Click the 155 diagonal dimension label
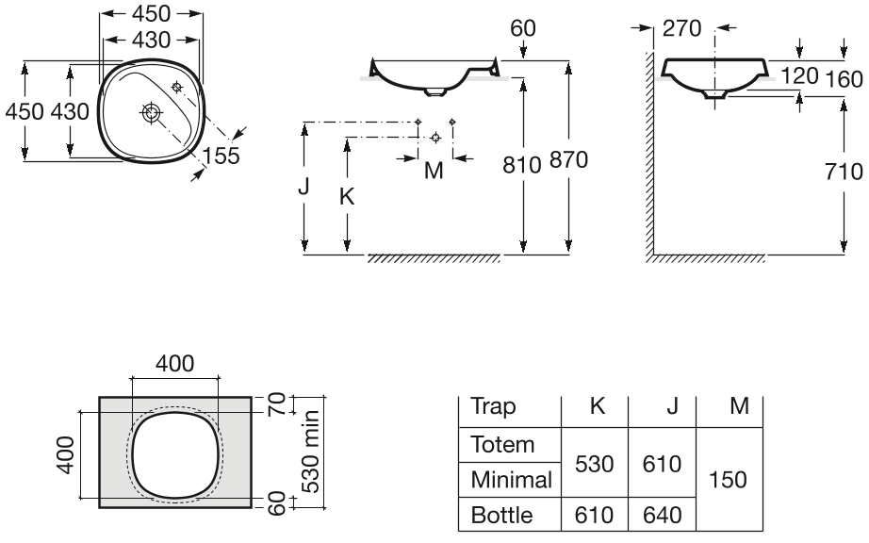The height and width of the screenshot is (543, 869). pos(221,156)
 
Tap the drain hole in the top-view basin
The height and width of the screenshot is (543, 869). pos(150,112)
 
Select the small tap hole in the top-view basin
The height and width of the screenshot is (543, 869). pos(177,87)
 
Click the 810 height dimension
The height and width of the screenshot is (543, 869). pos(521,165)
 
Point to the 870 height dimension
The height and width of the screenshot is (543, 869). pos(568,160)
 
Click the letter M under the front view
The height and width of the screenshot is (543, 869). pos(434,171)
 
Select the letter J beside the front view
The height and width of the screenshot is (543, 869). pos(303,188)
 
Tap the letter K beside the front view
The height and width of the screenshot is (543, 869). pos(347,197)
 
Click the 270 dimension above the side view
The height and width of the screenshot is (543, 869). pos(681,28)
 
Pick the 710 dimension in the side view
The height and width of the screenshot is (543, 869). pos(844,172)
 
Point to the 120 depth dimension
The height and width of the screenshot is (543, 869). pos(799,76)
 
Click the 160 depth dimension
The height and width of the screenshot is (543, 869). pos(844,80)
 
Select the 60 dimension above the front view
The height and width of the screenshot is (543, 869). pos(522,28)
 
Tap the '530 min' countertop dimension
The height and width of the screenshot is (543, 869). pos(310,452)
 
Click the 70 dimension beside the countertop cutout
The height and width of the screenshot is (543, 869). pos(277,403)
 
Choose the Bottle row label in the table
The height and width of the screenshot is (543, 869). pos(501,516)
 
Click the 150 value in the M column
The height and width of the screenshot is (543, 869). pos(729,480)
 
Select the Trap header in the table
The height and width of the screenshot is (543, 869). pos(493,406)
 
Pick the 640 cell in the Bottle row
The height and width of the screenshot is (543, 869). pos(662,516)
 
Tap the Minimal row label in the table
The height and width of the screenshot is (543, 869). pos(511,480)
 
